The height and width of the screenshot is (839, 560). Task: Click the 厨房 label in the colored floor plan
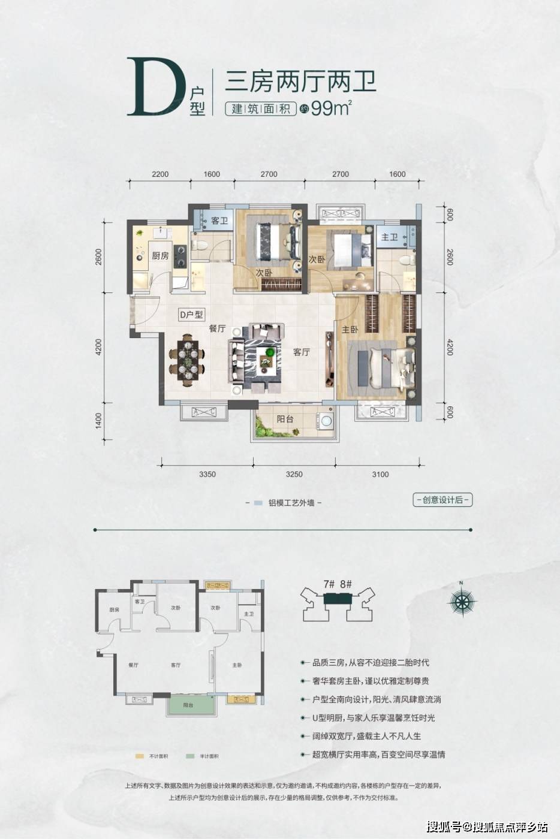(160, 256)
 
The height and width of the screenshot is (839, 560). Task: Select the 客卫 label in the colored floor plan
(219, 221)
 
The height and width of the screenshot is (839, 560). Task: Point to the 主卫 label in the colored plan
(390, 237)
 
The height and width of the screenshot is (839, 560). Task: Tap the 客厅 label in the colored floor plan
(302, 352)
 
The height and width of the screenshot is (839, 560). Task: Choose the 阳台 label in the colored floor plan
(285, 419)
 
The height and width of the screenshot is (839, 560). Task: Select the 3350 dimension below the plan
(207, 475)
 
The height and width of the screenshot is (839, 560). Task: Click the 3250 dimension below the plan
(294, 475)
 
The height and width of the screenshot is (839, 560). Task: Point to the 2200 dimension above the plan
(160, 174)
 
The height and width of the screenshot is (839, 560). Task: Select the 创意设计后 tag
(442, 500)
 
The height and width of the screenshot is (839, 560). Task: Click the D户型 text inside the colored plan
(191, 314)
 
